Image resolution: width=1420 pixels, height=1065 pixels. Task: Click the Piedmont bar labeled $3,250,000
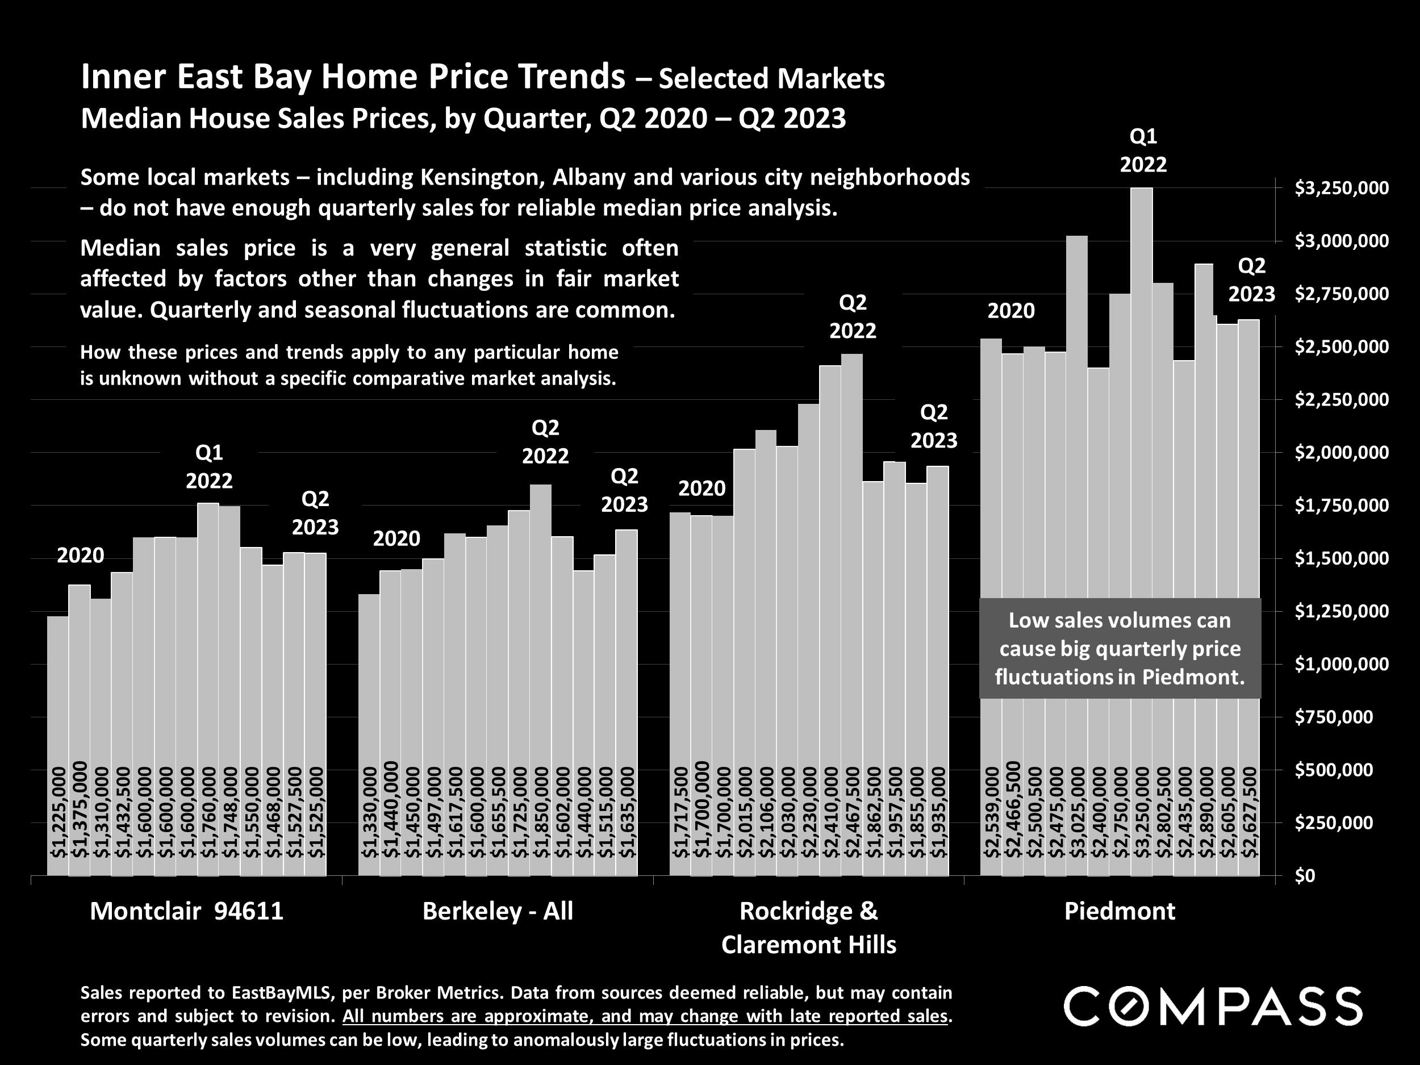click(x=1141, y=449)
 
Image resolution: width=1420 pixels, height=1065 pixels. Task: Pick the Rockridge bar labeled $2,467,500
click(x=852, y=578)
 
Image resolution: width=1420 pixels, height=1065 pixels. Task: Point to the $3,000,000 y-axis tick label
click(x=1333, y=241)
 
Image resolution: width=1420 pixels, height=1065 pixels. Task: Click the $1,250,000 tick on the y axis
click(x=1333, y=611)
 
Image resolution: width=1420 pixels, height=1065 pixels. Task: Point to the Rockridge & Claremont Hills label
click(x=808, y=928)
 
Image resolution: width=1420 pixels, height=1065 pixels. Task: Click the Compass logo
click(x=1213, y=1006)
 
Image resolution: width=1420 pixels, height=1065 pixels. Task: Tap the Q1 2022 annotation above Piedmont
click(x=1143, y=151)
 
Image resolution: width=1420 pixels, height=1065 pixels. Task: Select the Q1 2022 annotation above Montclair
click(x=209, y=467)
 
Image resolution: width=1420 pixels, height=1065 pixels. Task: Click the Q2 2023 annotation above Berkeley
click(x=624, y=490)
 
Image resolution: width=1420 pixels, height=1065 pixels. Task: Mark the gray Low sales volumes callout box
click(x=1120, y=649)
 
